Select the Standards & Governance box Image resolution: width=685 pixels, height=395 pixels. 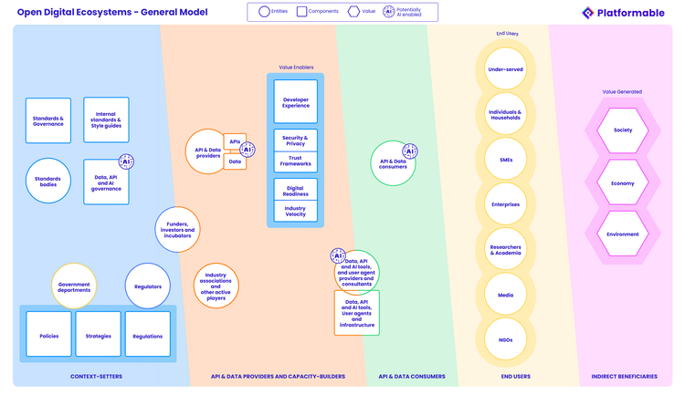(x=48, y=120)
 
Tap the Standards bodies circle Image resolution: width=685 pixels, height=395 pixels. (x=48, y=180)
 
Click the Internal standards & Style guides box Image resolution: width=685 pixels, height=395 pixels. (x=106, y=120)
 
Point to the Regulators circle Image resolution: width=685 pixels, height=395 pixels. (x=148, y=286)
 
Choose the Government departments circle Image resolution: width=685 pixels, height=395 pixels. (x=74, y=286)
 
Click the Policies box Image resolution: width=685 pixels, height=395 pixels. (x=49, y=336)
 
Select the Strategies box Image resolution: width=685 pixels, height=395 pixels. (x=98, y=336)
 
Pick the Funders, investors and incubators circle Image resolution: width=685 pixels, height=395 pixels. (x=177, y=230)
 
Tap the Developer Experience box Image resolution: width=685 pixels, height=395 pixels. (x=295, y=102)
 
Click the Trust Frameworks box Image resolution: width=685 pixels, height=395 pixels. (x=295, y=161)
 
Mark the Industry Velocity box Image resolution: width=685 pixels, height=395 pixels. (x=295, y=211)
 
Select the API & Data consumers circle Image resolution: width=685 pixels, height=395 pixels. (x=393, y=162)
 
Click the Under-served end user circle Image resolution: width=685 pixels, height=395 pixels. (x=504, y=69)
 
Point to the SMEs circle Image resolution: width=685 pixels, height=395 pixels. (x=504, y=160)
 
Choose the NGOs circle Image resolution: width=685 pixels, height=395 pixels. (x=504, y=339)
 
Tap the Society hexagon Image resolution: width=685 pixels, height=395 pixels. (x=623, y=130)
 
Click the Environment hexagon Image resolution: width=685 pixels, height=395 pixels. (x=623, y=234)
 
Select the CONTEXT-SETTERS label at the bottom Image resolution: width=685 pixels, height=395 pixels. (x=96, y=376)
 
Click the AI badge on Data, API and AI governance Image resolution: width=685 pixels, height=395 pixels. (x=127, y=161)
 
